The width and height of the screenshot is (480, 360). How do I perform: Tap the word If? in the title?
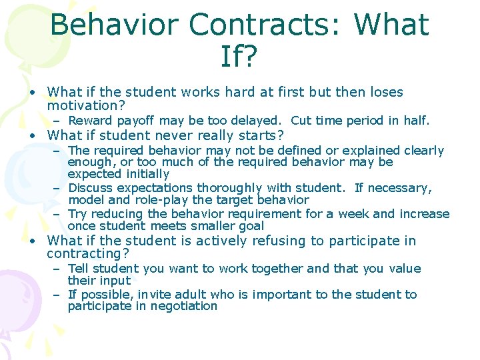239,58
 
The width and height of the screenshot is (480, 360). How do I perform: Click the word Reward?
91,121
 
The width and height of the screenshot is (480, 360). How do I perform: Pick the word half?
416,121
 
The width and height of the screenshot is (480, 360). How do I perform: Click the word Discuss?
91,188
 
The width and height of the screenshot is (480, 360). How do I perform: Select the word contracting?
89,253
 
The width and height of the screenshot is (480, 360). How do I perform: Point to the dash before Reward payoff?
58,121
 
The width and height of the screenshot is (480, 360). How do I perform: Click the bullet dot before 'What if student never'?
31,135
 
